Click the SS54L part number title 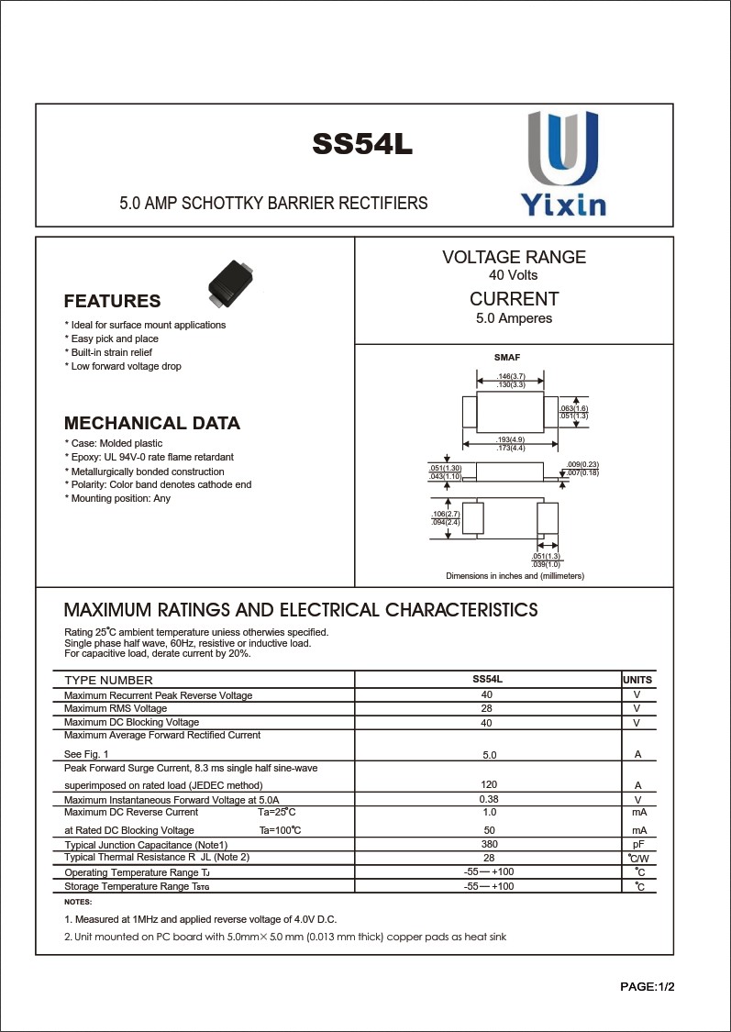[362, 145]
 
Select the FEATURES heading [112, 302]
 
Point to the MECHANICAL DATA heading [152, 424]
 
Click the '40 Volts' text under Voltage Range [514, 275]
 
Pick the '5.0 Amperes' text [514, 318]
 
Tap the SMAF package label [507, 357]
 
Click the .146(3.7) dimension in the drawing [511, 377]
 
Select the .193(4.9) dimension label [511, 440]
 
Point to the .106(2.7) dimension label [446, 515]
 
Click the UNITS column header [637, 680]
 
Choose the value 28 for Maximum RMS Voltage [488, 709]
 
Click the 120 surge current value [489, 784]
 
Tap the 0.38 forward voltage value [489, 799]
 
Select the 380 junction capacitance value [489, 844]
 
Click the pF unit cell [638, 844]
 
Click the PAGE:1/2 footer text [648, 987]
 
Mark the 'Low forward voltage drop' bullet [124, 366]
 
